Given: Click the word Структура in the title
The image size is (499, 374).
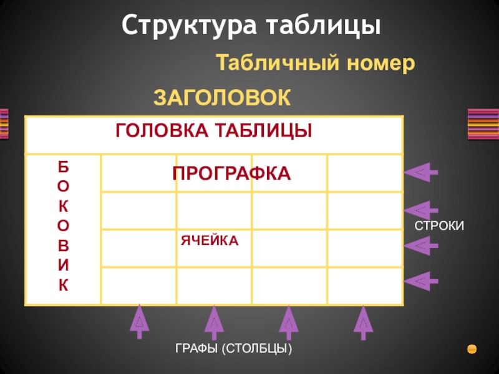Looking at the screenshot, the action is coord(189,26).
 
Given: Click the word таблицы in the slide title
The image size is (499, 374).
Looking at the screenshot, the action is coord(323,26).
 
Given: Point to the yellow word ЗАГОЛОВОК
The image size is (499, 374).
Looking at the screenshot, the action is coord(222,97).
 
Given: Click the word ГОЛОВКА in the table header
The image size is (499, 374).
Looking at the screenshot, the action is coord(162,130).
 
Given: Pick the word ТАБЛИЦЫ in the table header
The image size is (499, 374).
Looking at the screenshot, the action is coord(263,130).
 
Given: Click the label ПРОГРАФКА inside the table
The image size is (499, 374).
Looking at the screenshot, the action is coord(231,174).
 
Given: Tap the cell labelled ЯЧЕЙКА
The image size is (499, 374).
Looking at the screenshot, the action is coord(210,241).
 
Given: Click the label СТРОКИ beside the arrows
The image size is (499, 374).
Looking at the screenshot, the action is coord(439,226).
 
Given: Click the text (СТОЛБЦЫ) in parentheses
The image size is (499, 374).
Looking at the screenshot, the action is coord(256,348).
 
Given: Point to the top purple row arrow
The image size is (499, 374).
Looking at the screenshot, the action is coord(421,173).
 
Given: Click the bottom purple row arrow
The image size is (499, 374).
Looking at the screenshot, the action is coord(421,281).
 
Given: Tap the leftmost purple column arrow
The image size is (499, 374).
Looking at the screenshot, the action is coord(139,322).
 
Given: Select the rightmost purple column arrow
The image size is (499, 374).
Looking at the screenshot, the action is coord(363,322).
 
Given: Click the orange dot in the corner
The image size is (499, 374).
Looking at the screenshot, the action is coord(472,349).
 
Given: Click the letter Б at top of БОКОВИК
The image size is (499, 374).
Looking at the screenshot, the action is coord(64,166).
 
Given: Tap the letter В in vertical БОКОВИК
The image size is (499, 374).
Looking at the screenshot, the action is coord(64,246).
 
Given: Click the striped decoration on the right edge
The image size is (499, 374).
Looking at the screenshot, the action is coord(483,124).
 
